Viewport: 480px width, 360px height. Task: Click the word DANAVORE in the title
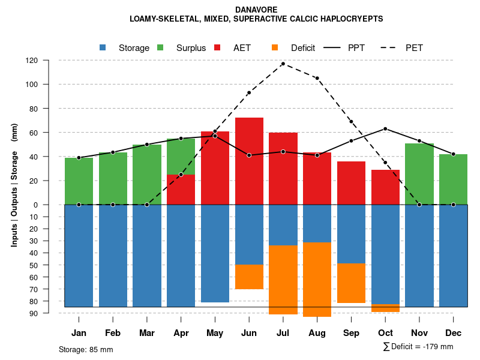click(x=256, y=10)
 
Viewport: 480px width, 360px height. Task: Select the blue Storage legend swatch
click(x=103, y=47)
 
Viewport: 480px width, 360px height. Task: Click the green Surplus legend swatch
click(x=160, y=47)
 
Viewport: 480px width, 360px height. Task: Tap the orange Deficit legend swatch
click(x=275, y=47)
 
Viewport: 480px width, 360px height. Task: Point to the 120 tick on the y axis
click(x=49, y=61)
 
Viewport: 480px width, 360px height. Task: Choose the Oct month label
click(x=385, y=333)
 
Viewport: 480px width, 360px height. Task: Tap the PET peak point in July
click(x=283, y=64)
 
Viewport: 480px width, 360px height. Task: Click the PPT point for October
click(x=385, y=128)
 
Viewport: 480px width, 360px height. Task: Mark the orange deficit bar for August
click(x=317, y=279)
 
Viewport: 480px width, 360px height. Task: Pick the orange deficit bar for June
click(x=249, y=277)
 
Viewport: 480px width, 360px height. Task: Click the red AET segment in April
click(x=181, y=190)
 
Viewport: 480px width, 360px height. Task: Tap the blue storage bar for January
click(x=79, y=256)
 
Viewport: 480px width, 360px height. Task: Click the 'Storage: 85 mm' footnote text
click(x=86, y=349)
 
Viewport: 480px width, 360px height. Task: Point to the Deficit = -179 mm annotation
click(x=418, y=347)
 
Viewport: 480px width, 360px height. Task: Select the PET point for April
click(x=181, y=175)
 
